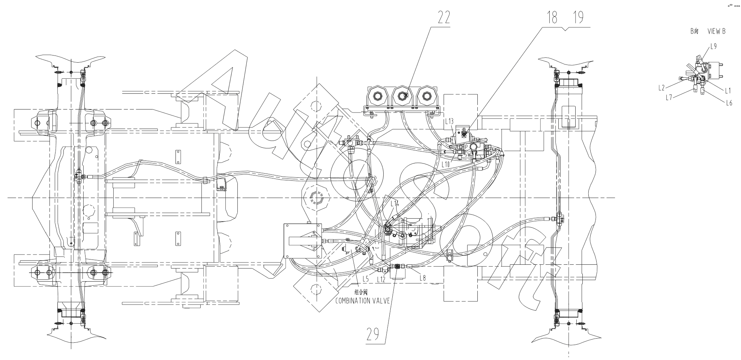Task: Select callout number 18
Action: pyautogui.click(x=552, y=18)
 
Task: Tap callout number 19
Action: pyautogui.click(x=578, y=18)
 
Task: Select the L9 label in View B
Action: pyautogui.click(x=714, y=46)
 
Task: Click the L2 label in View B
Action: pyautogui.click(x=662, y=88)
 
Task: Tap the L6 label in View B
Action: pyautogui.click(x=729, y=103)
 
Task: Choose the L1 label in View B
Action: pyautogui.click(x=728, y=90)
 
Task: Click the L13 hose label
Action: pyautogui.click(x=449, y=121)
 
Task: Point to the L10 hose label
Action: pyautogui.click(x=445, y=165)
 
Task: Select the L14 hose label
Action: pyautogui.click(x=394, y=204)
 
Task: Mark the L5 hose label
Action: pyautogui.click(x=366, y=279)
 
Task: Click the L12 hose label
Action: pyautogui.click(x=381, y=279)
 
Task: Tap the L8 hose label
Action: pyautogui.click(x=423, y=278)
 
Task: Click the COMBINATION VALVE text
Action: pyautogui.click(x=363, y=300)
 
